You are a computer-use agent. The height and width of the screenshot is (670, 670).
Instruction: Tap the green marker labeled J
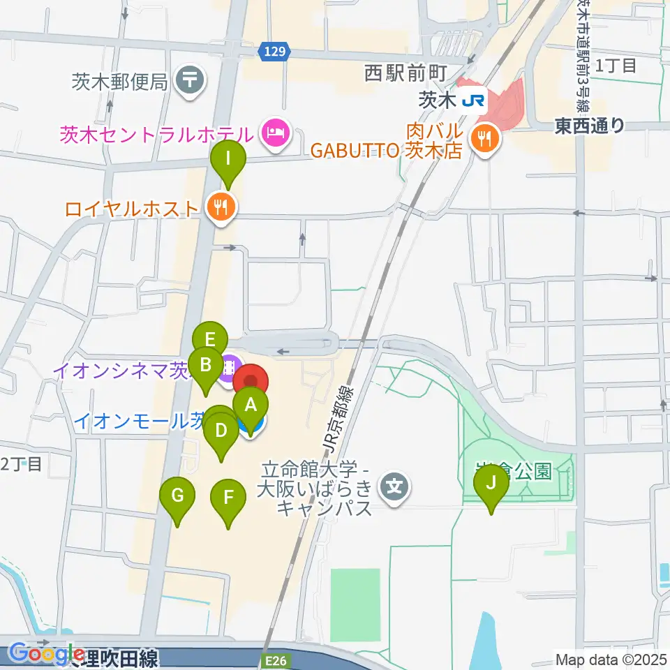(x=491, y=483)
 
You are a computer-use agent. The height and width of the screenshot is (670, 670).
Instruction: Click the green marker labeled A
(x=250, y=404)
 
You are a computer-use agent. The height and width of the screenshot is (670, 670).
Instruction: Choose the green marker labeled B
(x=206, y=364)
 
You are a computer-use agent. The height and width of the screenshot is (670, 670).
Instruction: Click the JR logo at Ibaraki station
(x=473, y=101)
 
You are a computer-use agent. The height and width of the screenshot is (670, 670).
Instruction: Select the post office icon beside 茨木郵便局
(x=190, y=79)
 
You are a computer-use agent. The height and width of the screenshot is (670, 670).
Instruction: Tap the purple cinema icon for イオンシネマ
(x=230, y=365)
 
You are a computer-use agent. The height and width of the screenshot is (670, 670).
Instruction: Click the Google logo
(x=47, y=654)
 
